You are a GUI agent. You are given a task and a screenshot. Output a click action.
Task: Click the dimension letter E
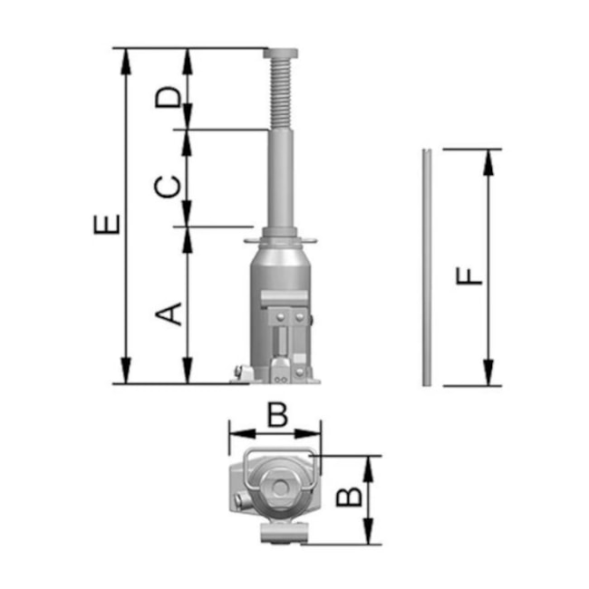pyautogui.click(x=107, y=224)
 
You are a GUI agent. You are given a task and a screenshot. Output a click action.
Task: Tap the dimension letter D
pyautogui.click(x=169, y=97)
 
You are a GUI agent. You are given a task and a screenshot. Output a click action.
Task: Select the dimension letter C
pyautogui.click(x=168, y=187)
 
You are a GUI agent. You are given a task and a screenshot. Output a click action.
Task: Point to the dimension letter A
pyautogui.click(x=169, y=314)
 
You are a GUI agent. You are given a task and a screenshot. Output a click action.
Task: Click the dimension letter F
pyautogui.click(x=468, y=276)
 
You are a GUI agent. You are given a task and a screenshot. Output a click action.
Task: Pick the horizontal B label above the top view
pyautogui.click(x=277, y=415)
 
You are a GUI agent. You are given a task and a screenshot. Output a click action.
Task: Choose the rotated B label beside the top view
pyautogui.click(x=349, y=497)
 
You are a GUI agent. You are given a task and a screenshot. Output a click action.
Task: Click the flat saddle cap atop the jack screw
pyautogui.click(x=281, y=53)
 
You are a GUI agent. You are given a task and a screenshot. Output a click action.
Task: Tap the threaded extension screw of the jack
pyautogui.click(x=281, y=93)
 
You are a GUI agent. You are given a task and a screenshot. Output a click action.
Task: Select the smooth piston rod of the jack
pyautogui.click(x=281, y=178)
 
